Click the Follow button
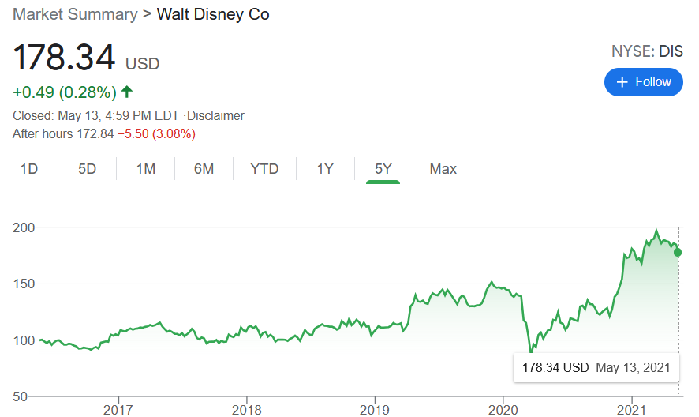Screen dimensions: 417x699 (643, 82)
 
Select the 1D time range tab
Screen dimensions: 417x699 (29, 169)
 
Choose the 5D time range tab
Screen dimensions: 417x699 (88, 169)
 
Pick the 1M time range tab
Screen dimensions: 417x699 (146, 169)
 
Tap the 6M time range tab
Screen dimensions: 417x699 (204, 169)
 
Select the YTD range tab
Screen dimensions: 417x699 (264, 169)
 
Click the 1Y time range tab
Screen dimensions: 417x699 (325, 169)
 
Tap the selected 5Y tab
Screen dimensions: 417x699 (383, 169)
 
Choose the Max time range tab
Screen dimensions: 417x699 (443, 169)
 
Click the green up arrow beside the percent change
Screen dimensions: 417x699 (127, 92)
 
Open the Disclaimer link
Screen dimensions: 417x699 (215, 115)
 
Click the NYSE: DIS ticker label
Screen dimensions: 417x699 (647, 52)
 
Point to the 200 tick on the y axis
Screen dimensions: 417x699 (24, 227)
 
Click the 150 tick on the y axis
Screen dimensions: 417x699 (24, 284)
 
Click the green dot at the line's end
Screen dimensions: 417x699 (678, 252)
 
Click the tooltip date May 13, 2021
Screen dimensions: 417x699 (633, 367)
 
